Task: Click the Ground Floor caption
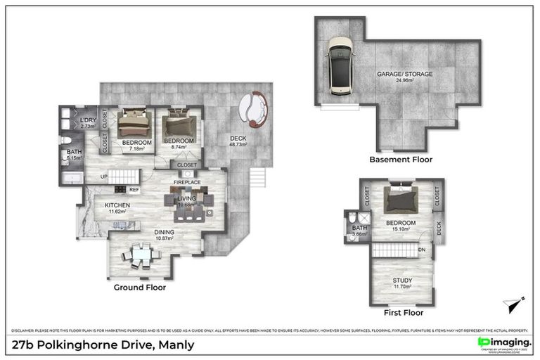pos(140,287)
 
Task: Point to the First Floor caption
pos(404,312)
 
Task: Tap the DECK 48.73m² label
pos(239,142)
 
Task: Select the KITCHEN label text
pos(117,207)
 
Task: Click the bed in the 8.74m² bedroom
pos(179,126)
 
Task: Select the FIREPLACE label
pos(188,182)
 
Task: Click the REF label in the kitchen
pos(134,190)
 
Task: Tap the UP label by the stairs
pos(103,176)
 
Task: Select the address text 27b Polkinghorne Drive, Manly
pos(103,345)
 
